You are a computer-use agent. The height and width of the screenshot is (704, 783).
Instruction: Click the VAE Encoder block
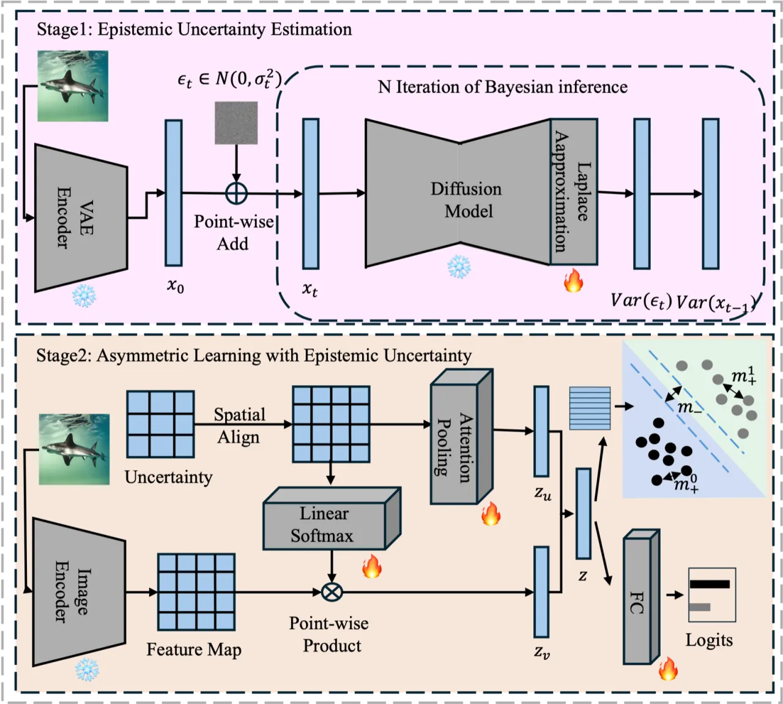click(81, 218)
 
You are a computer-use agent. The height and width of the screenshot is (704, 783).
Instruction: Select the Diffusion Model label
click(467, 200)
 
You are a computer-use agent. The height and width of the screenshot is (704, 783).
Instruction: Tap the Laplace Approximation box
click(574, 192)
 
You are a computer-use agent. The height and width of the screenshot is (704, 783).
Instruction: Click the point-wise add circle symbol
click(236, 193)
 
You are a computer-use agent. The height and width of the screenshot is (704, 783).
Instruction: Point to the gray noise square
click(236, 123)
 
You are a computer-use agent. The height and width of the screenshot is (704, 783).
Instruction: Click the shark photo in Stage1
click(73, 86)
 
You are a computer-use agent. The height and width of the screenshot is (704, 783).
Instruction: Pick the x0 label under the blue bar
click(176, 286)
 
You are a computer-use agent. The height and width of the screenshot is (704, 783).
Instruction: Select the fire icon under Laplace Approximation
click(573, 280)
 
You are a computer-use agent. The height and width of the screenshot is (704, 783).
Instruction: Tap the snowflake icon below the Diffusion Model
click(459, 266)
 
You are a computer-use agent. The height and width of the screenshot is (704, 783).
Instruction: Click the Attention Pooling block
click(461, 436)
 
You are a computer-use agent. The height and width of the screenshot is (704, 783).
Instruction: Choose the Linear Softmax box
click(332, 519)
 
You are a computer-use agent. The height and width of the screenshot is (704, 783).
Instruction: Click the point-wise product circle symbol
click(332, 592)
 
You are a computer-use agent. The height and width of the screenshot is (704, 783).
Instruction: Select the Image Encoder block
click(79, 592)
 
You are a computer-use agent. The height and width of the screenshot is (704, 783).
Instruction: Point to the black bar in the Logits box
click(710, 584)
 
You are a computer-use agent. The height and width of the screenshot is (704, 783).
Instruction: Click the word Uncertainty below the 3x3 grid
click(168, 477)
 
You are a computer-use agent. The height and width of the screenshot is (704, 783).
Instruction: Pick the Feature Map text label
click(194, 650)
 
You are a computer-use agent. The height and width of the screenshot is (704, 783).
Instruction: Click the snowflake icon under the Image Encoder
click(87, 670)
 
